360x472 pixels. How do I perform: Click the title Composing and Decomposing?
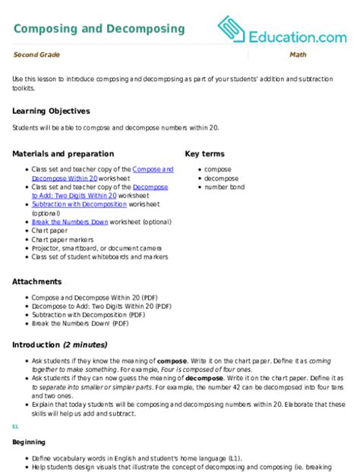click(99, 29)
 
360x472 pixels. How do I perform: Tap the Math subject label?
click(297, 55)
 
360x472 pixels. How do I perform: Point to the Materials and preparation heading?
click(63, 153)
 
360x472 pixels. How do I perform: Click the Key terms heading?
click(206, 153)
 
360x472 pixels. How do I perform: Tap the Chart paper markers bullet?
click(65, 239)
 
